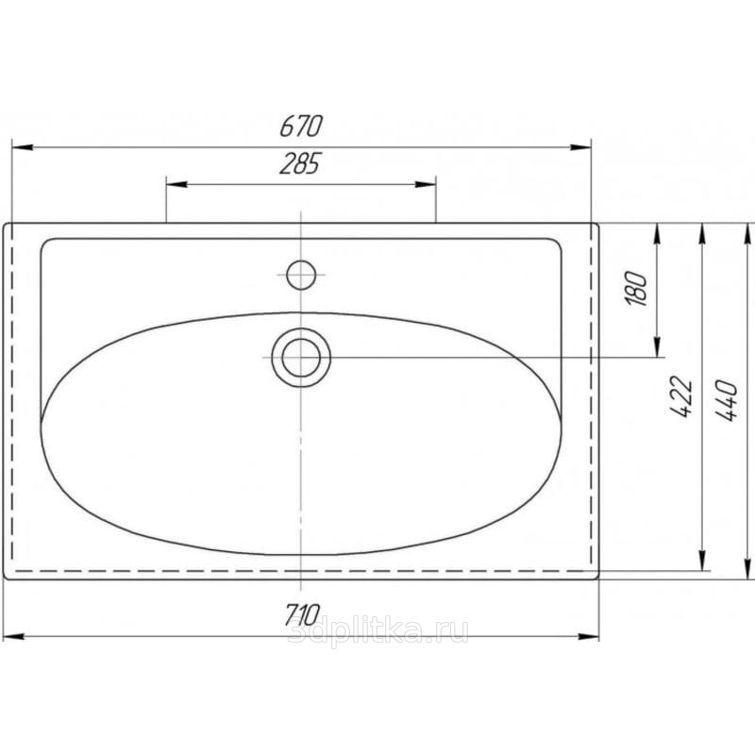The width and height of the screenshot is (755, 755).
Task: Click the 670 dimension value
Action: [x=301, y=126]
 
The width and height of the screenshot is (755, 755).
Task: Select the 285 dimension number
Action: [x=299, y=163]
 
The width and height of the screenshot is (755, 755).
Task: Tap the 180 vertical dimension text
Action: [x=636, y=289]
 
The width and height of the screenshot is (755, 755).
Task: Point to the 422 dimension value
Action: [x=681, y=396]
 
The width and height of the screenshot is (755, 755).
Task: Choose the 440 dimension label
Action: [x=727, y=400]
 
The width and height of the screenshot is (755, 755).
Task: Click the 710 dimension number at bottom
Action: [x=302, y=615]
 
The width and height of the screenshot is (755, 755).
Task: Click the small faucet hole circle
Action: [x=301, y=275]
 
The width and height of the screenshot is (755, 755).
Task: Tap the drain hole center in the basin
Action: [x=301, y=358]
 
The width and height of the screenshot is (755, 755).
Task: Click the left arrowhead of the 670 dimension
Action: [x=22, y=147]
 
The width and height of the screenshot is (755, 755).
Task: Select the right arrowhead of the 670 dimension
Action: [x=580, y=147]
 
